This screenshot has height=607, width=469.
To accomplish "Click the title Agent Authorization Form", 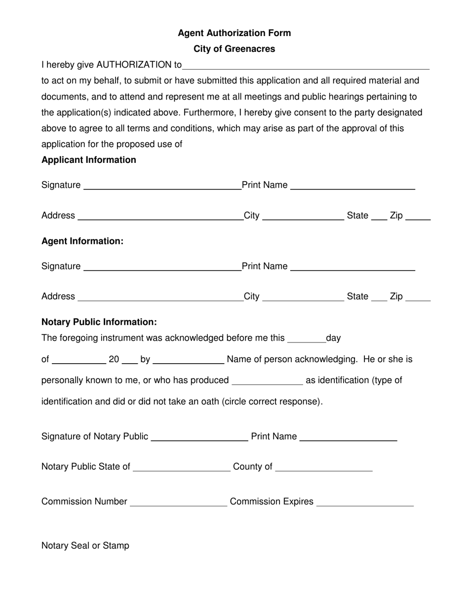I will tap(234, 33).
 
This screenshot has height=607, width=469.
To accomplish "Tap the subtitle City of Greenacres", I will tap(234, 49).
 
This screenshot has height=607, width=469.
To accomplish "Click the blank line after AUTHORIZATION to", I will tap(306, 67).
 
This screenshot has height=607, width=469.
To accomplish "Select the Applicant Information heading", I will tap(89, 160).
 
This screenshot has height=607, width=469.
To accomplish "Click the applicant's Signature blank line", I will tap(162, 187).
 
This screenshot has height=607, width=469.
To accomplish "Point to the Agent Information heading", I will tap(82, 241).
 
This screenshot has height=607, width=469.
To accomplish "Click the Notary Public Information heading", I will tap(99, 322).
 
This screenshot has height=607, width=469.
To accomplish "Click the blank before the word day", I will tap(306, 340).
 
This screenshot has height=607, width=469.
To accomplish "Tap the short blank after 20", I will tap(129, 361).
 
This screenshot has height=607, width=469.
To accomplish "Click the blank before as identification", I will tap(267, 382).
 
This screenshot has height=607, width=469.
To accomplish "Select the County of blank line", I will tap(324, 469).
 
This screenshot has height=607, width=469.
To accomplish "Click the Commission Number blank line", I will tap(178, 504).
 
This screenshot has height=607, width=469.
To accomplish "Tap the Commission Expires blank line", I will tap(365, 504).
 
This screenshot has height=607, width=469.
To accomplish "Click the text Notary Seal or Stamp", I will tap(85, 546).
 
